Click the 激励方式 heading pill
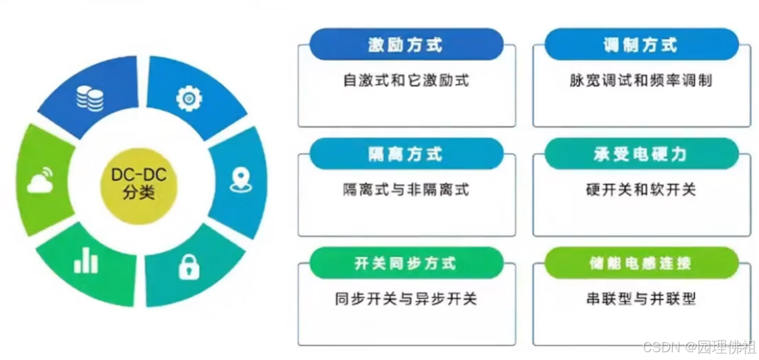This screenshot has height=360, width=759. click(x=406, y=45)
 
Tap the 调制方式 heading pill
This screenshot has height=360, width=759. click(x=641, y=45)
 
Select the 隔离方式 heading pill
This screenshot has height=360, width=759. click(x=406, y=154)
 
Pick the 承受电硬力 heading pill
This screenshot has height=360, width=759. click(x=641, y=154)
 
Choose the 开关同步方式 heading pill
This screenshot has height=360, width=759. click(x=406, y=264)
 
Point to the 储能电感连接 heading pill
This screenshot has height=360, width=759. click(x=641, y=264)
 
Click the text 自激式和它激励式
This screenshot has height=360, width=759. click(x=406, y=80)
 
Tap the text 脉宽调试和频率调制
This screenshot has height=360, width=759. click(x=641, y=80)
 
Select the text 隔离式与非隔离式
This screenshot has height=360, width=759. click(x=406, y=189)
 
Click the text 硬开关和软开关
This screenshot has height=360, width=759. click(x=641, y=189)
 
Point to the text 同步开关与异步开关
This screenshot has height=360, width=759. click(x=406, y=298)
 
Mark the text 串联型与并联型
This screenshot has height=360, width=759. click(x=641, y=298)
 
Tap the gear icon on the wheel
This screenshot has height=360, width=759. click(x=189, y=98)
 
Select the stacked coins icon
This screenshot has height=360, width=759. click(x=90, y=98)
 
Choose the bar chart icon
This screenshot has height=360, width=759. click(x=86, y=261)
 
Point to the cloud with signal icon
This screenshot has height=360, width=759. click(x=41, y=180)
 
